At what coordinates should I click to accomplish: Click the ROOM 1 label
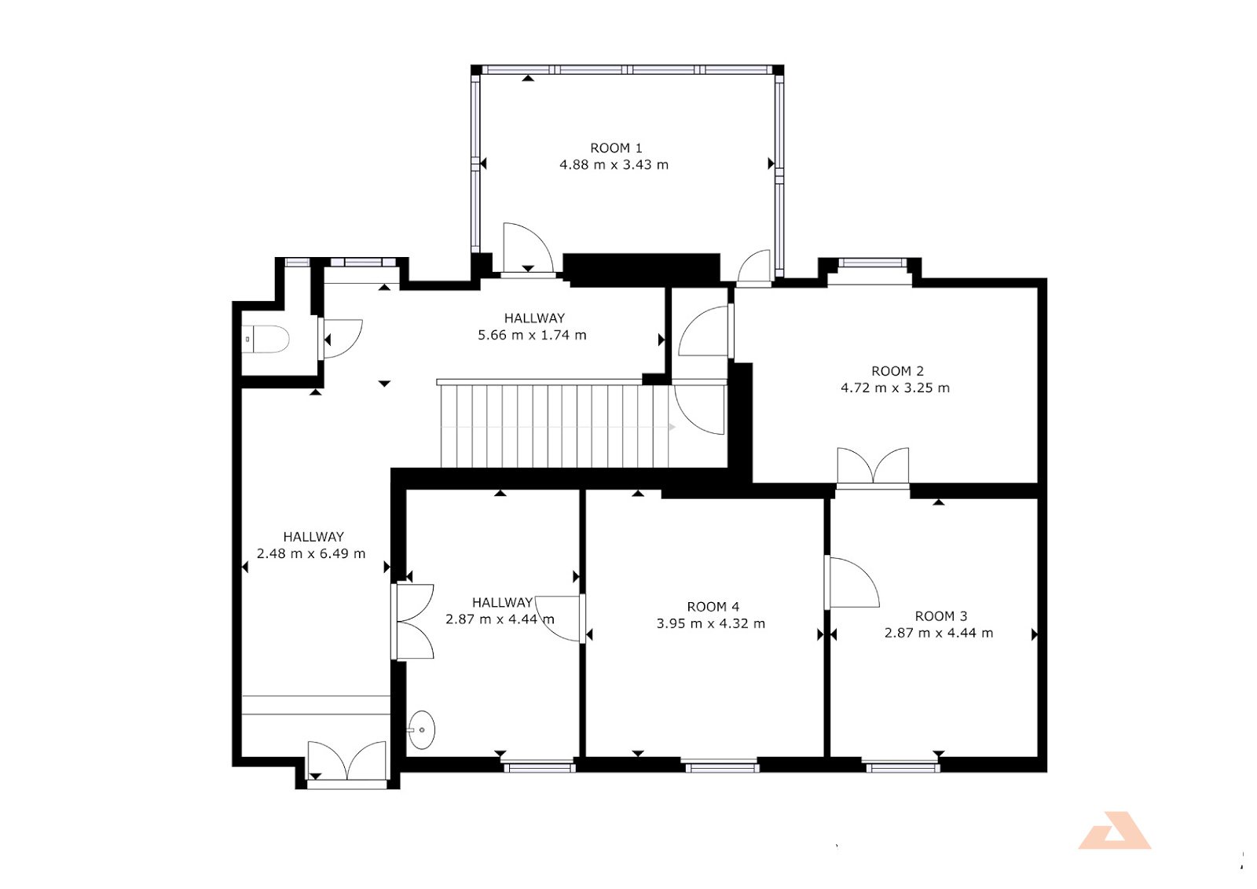pyautogui.click(x=616, y=149)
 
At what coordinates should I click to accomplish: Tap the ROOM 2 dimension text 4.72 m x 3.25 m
pyautogui.click(x=895, y=388)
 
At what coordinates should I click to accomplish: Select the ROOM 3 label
pyautogui.click(x=941, y=616)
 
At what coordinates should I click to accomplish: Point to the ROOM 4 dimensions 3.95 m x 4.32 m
pyautogui.click(x=711, y=623)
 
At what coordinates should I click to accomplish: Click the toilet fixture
pyautogui.click(x=266, y=340)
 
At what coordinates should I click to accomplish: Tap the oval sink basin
pyautogui.click(x=421, y=730)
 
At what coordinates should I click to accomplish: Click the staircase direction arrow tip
pyautogui.click(x=675, y=428)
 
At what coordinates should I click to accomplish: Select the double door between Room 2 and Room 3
pyautogui.click(x=873, y=466)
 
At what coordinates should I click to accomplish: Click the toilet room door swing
pyautogui.click(x=341, y=339)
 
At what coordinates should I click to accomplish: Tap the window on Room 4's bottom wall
pyautogui.click(x=722, y=765)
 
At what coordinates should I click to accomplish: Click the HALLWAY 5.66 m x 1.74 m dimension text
pyautogui.click(x=532, y=336)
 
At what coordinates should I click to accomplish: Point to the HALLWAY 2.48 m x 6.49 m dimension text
pyautogui.click(x=311, y=553)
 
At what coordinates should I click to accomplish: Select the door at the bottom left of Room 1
pyautogui.click(x=527, y=249)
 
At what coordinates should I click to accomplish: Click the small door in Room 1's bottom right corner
pyautogui.click(x=754, y=267)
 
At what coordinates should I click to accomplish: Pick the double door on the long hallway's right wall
pyautogui.click(x=413, y=622)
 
